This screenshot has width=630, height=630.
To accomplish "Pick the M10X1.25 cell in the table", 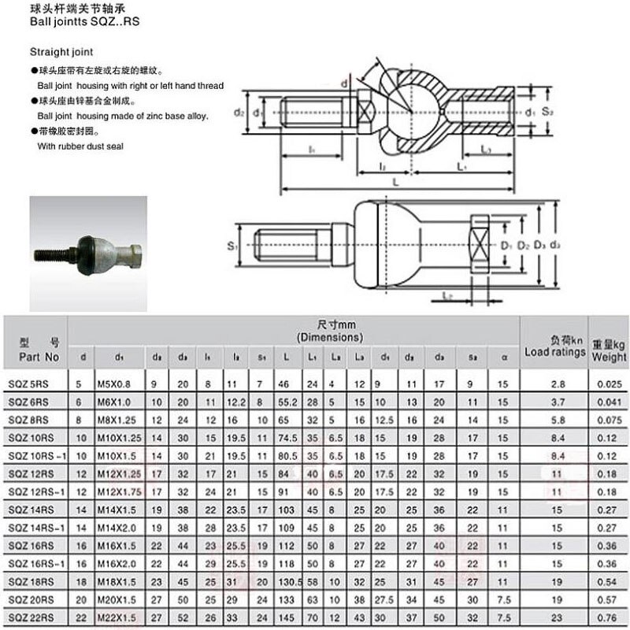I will click(118, 435).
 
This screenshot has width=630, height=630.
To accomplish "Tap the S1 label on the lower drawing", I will click(232, 246).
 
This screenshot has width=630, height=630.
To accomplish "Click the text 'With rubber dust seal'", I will click(80, 146).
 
